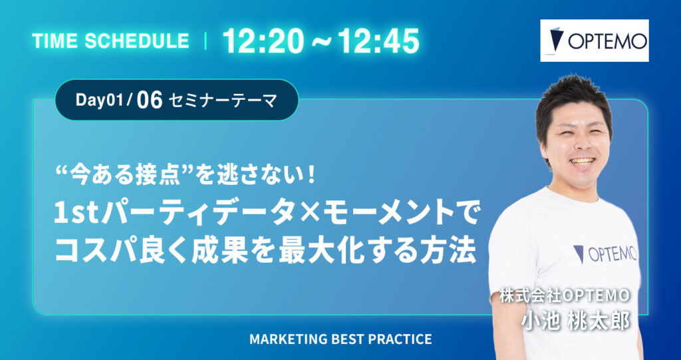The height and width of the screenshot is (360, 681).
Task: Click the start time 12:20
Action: pyautogui.click(x=259, y=41)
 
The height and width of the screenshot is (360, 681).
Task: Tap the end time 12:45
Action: pyautogui.click(x=378, y=41)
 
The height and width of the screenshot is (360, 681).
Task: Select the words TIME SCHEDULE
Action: pyautogui.click(x=110, y=41)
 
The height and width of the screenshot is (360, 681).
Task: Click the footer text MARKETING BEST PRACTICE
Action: pyautogui.click(x=340, y=339)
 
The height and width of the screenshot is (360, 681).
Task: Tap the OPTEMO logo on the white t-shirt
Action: pyautogui.click(x=605, y=253)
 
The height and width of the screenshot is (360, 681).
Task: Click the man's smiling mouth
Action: pyautogui.click(x=583, y=162)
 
